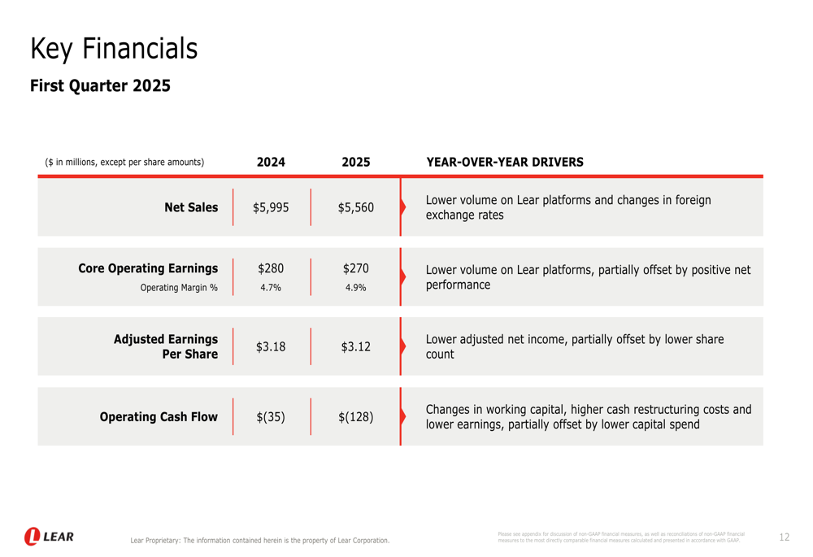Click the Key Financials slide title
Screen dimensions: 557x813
pyautogui.click(x=114, y=49)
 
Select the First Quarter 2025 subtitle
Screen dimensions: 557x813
pyautogui.click(x=100, y=85)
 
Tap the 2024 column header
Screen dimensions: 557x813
pyautogui.click(x=271, y=162)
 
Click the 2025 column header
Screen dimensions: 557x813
pyautogui.click(x=356, y=162)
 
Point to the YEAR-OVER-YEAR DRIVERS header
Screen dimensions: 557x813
pyautogui.click(x=505, y=162)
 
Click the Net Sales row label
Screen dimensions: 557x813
pyautogui.click(x=191, y=207)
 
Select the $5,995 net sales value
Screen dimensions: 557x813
pyautogui.click(x=271, y=207)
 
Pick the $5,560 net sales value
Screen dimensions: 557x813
pyautogui.click(x=356, y=207)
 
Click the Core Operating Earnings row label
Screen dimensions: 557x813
pyautogui.click(x=148, y=268)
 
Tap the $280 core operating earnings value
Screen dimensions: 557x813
pyautogui.click(x=271, y=268)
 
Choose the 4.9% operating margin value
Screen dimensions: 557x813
pyautogui.click(x=356, y=287)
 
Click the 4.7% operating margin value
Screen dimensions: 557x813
pyautogui.click(x=271, y=287)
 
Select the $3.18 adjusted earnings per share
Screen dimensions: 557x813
pyautogui.click(x=271, y=347)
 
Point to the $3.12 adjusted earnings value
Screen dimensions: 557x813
pyautogui.click(x=356, y=347)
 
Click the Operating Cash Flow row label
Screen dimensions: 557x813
pyautogui.click(x=159, y=417)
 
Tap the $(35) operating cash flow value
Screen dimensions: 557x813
pyautogui.click(x=271, y=417)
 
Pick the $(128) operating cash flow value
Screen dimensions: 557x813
pyautogui.click(x=356, y=417)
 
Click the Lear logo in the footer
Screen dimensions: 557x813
pyautogui.click(x=49, y=537)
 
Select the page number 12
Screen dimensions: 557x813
pyautogui.click(x=784, y=537)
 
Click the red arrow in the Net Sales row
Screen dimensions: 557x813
pyautogui.click(x=402, y=207)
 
